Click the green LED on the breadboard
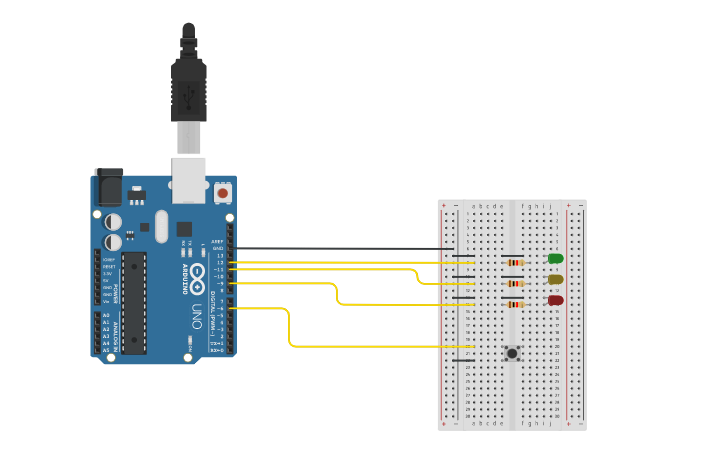pos(555,259)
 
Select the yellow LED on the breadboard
pos(555,280)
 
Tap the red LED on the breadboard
pos(555,300)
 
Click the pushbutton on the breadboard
pos(512,353)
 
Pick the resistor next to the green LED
pos(515,262)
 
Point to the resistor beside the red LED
pos(515,304)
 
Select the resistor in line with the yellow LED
pos(515,283)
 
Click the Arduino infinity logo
pos(198,273)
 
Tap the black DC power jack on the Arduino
pos(107,187)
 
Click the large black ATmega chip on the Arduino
pos(134,302)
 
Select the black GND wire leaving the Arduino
pos(340,249)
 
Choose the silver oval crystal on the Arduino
pos(162,225)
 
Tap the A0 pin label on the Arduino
pos(106,315)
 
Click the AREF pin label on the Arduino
pos(217,242)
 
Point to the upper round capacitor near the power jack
pos(114,221)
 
